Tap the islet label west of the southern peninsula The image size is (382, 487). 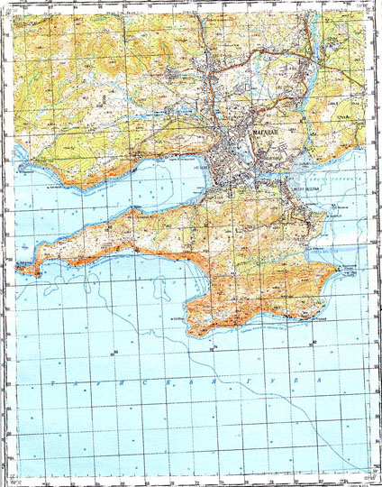pos(176,319)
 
